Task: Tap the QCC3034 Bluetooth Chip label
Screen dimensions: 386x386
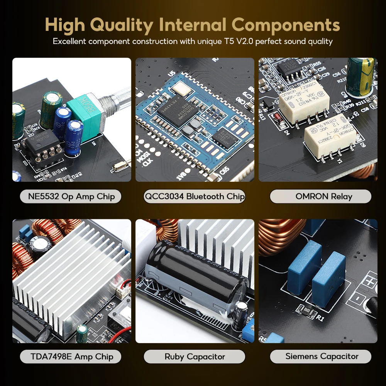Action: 195,196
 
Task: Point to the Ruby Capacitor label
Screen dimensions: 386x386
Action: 195,356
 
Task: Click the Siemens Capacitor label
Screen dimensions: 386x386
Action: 322,356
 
